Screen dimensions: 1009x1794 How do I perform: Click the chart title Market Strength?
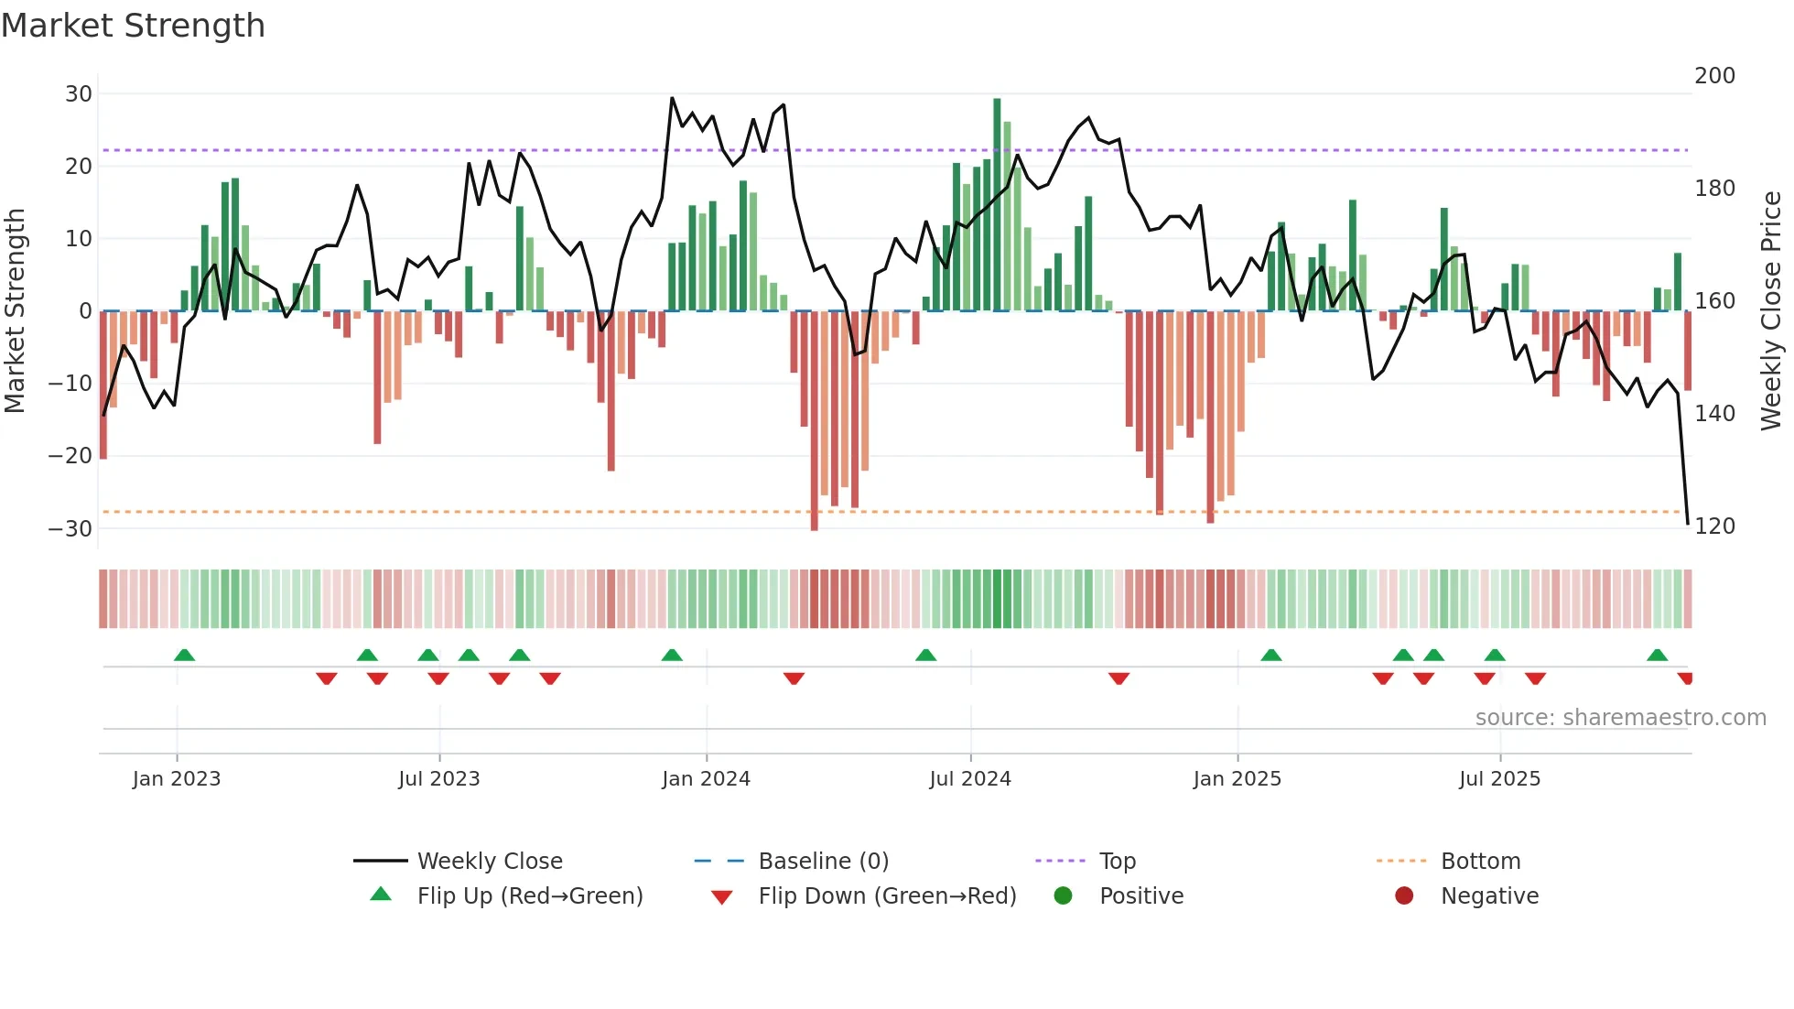133,26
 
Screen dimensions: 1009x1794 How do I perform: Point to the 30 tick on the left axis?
79,93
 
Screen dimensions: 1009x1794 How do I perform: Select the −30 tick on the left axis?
71,528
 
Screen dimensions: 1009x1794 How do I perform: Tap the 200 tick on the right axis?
1714,75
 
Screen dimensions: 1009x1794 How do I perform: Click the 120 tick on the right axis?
1714,526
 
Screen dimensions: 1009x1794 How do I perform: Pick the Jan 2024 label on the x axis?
706,779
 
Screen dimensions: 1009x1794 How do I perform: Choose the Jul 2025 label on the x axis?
1499,779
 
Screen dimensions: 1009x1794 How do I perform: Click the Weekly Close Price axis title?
1771,311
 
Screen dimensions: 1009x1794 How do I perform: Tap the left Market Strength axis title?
16,311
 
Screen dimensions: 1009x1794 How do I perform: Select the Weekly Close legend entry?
490,862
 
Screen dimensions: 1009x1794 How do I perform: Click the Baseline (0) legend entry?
823,862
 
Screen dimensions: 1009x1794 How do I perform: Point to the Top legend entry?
1117,862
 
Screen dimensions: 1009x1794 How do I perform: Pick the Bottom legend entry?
1480,862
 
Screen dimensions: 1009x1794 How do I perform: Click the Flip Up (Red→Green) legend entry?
530,896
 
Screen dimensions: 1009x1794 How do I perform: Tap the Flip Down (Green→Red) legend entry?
887,896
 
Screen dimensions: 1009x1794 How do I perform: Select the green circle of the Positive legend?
1063,895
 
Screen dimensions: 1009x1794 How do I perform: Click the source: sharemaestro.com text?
1620,718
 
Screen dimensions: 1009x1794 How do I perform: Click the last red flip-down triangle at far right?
1685,678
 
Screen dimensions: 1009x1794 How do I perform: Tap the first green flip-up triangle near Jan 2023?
184,655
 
